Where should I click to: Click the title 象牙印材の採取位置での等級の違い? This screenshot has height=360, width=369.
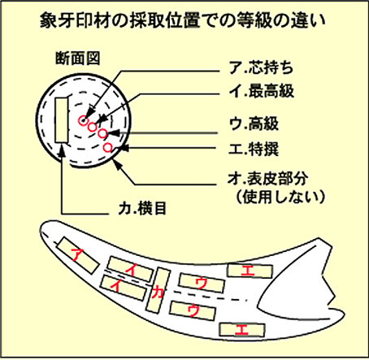tap(183, 21)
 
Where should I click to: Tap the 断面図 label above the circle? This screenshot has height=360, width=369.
tap(78, 58)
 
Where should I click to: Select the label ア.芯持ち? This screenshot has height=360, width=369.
tap(261, 67)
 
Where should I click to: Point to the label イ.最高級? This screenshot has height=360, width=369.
tap(261, 91)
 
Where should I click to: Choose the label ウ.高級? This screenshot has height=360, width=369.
tap(254, 124)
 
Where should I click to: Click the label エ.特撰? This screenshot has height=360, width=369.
tap(254, 149)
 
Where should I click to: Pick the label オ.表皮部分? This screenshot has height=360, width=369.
tap(267, 179)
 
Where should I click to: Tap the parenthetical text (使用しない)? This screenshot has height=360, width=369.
tap(280, 197)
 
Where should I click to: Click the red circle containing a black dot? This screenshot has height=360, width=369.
tap(83, 120)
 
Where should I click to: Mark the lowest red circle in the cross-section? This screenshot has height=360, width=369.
tap(108, 147)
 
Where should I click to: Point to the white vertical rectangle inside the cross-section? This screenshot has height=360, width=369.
tap(62, 120)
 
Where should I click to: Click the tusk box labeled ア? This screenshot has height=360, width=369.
tap(79, 255)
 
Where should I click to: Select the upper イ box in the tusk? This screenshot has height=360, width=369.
tap(130, 269)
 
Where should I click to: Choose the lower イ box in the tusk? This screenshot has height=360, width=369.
tap(123, 288)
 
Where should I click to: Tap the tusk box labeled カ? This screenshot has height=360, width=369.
tap(158, 290)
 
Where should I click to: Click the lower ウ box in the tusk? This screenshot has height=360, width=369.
tap(193, 310)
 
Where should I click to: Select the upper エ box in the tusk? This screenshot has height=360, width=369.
tap(250, 271)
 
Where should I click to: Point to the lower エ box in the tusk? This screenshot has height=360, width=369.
tap(242, 330)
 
